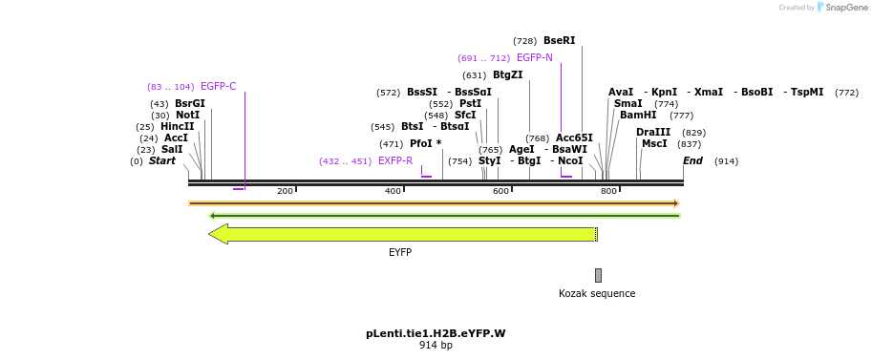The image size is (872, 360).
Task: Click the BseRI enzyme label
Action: point(559,41)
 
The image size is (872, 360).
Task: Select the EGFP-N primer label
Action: point(534,58)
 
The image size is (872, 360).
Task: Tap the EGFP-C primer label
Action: point(218,87)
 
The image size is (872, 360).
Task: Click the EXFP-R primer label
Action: point(394,161)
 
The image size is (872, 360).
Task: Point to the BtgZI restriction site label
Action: point(507,75)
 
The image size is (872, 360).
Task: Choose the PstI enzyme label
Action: point(470,104)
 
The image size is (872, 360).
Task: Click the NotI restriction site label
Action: point(187,116)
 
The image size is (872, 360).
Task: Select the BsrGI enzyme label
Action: point(189,104)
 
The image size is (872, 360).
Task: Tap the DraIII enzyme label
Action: point(653,133)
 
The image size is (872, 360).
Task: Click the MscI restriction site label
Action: point(654,144)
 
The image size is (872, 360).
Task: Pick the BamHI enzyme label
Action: point(638,116)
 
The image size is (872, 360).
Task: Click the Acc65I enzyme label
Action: point(574,138)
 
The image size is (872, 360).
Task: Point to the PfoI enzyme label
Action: point(421,144)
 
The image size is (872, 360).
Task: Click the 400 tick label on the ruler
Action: point(393,192)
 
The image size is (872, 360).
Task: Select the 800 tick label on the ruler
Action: point(608,192)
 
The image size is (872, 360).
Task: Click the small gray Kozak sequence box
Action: point(598,275)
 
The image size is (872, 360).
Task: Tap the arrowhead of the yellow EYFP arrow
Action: point(218,234)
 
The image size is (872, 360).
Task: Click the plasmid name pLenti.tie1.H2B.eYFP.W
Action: point(436,334)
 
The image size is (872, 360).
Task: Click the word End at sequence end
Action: point(692,161)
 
